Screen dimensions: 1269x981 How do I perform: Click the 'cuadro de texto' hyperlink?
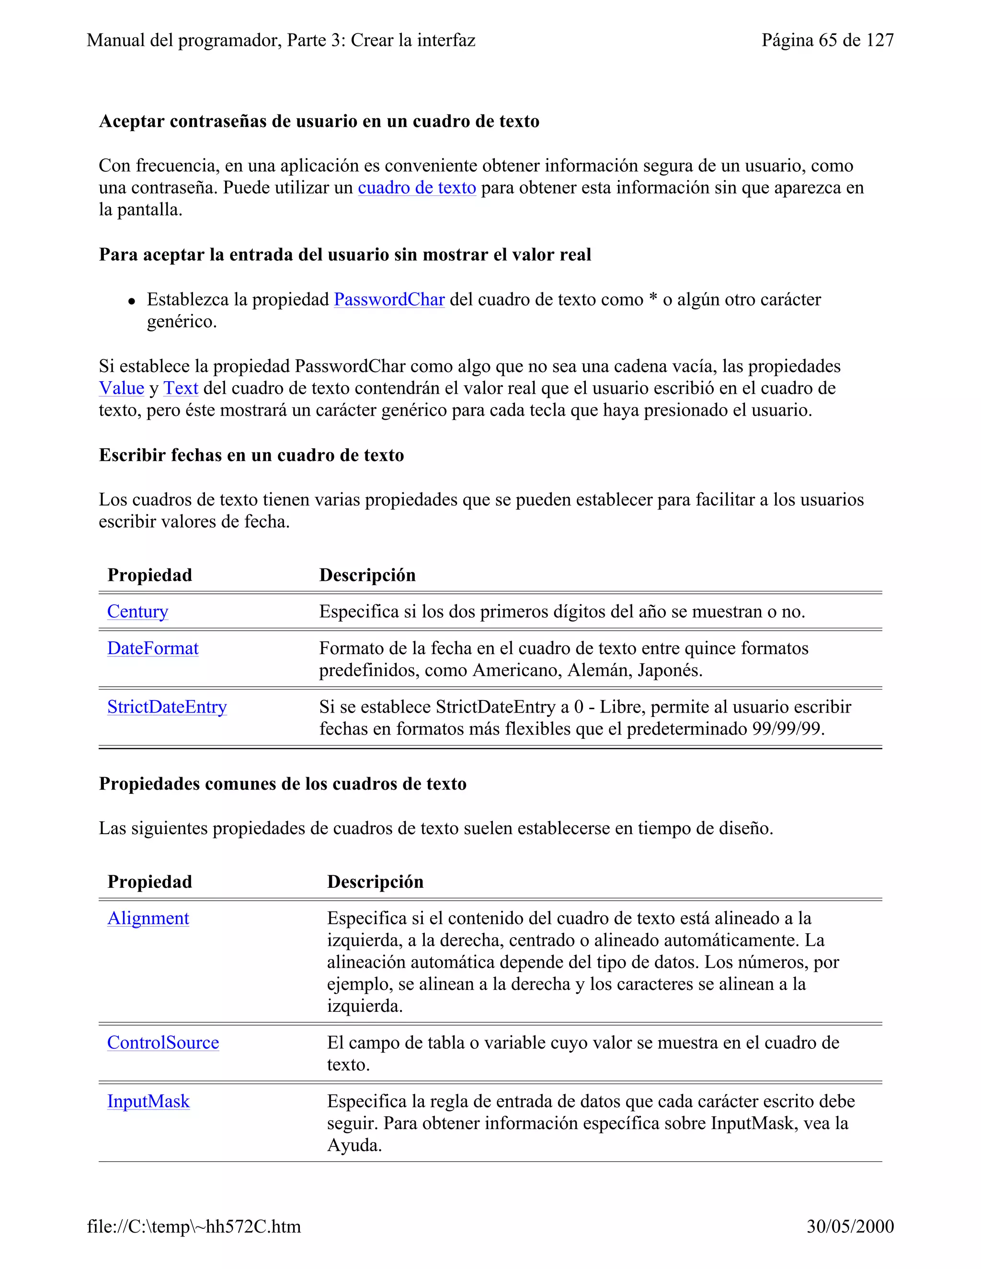point(417,188)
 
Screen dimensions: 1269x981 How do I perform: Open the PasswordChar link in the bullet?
point(389,299)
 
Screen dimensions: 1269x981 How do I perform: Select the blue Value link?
point(122,388)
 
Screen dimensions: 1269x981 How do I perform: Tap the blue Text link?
point(181,388)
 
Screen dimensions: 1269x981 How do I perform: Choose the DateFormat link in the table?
point(153,648)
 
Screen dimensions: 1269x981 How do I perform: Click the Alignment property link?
point(148,918)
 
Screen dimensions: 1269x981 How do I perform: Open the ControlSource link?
point(163,1042)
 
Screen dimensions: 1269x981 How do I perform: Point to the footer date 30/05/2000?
point(850,1226)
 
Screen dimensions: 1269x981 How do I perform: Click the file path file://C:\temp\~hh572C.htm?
point(194,1226)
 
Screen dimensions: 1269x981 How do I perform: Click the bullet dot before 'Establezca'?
point(132,301)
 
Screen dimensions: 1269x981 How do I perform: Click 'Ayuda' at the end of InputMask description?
point(354,1145)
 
